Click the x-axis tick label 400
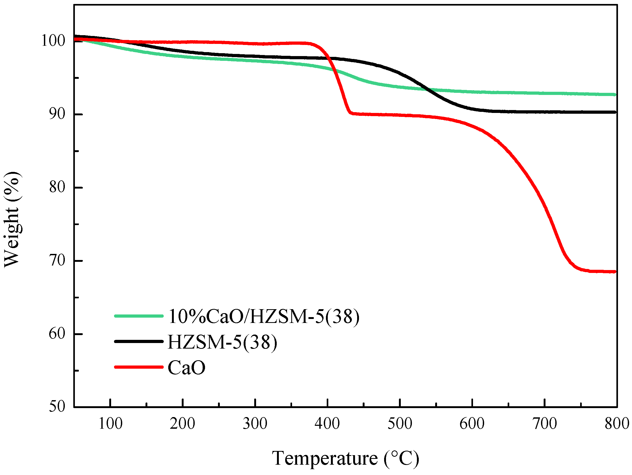[x=327, y=423]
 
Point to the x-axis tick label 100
[x=110, y=423]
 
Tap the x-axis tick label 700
[x=545, y=423]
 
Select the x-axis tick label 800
[x=617, y=423]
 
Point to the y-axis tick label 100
[x=53, y=40]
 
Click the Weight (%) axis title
[x=12, y=219]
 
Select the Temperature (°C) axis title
[x=345, y=458]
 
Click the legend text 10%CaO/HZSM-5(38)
[x=263, y=317]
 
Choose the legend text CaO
[x=186, y=368]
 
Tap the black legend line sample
[x=139, y=341]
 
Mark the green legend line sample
[x=139, y=316]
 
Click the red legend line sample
[x=139, y=367]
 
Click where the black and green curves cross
[x=428, y=89]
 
